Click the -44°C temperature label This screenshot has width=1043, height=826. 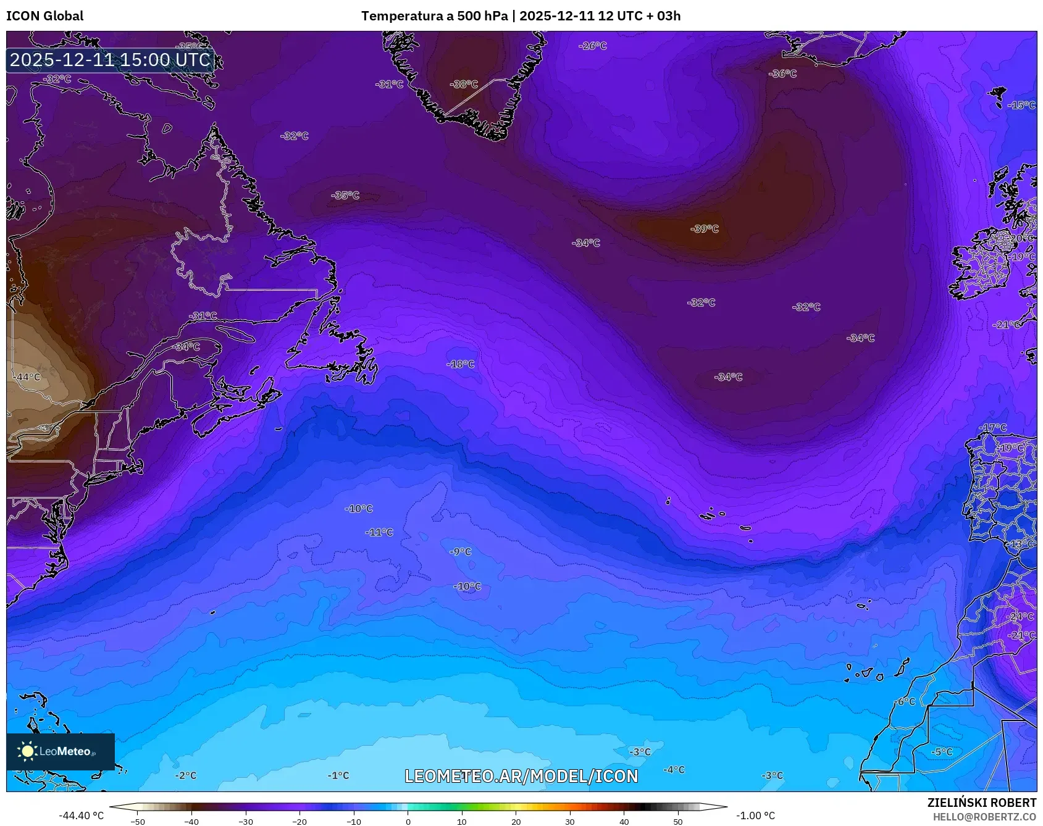click(x=28, y=377)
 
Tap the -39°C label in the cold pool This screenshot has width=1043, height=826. click(x=705, y=228)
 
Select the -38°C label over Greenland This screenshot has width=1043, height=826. click(x=464, y=84)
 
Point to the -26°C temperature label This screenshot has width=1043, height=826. click(x=593, y=46)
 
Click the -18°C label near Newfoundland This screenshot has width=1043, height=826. click(x=461, y=364)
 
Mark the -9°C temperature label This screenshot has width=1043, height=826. click(x=461, y=551)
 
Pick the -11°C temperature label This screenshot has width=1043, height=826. click(x=379, y=532)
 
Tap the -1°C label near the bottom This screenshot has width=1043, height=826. click(x=338, y=775)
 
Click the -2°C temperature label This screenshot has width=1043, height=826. click(x=186, y=775)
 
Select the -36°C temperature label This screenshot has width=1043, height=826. click(x=782, y=73)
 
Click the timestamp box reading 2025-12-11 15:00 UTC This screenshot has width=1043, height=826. click(x=111, y=60)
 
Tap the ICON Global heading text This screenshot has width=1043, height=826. click(x=44, y=16)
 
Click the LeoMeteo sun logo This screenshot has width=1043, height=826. click(x=27, y=751)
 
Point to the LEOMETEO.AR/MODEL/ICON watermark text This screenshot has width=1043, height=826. click(x=521, y=776)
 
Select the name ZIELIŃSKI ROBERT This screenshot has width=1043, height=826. click(x=981, y=803)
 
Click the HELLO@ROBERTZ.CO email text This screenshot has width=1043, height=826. click(x=984, y=817)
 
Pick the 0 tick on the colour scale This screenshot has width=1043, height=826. click(x=408, y=821)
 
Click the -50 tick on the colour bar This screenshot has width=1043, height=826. click(x=138, y=821)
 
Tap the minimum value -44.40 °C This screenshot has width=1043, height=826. click(x=81, y=816)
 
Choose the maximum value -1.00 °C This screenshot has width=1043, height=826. click(x=755, y=816)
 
